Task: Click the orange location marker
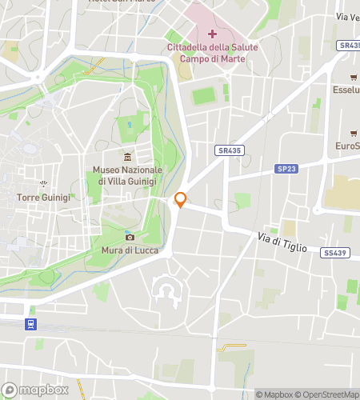pos(181,200)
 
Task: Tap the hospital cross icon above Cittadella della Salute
pos(212,34)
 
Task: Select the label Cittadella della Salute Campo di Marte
pos(212,54)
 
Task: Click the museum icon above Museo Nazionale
pos(127,156)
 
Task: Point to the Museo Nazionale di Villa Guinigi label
pos(127,175)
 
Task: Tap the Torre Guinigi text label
pos(43,196)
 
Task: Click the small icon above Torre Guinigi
pos(43,183)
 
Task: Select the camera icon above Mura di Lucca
pos(130,237)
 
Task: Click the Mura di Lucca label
pos(130,250)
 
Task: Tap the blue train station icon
pos(30,323)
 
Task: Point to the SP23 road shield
pos(287,169)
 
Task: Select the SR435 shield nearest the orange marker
pos(229,150)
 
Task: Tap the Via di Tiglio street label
pos(282,242)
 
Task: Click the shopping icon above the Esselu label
pos(353,77)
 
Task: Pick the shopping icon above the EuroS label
pos(353,133)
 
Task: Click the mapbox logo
pos(32,390)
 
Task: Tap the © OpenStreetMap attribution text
pos(330,394)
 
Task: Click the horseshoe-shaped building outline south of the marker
pos(167,291)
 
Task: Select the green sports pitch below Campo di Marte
pos(205,95)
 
